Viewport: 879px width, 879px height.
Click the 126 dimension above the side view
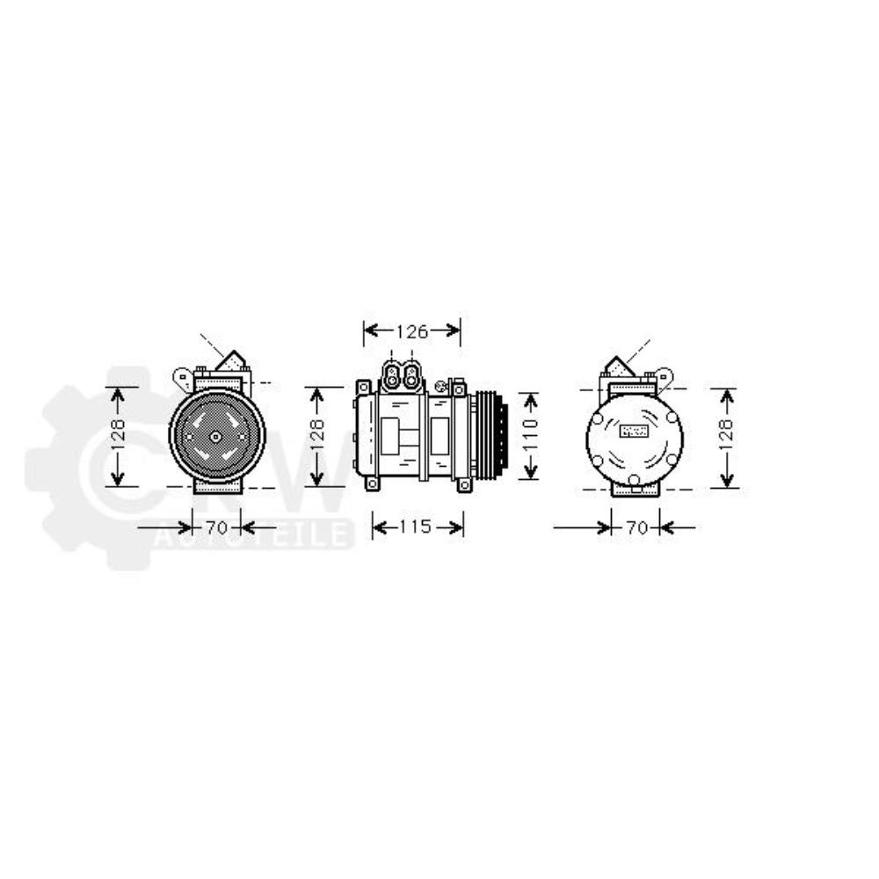(x=410, y=331)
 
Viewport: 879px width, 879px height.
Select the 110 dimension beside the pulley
(x=528, y=435)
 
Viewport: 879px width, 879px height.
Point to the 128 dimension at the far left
(x=119, y=436)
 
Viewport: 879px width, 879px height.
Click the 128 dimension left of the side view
(x=317, y=436)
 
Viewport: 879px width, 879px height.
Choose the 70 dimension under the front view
(x=216, y=527)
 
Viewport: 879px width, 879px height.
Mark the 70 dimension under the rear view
(x=636, y=527)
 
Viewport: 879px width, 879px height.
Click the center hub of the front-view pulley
(x=216, y=436)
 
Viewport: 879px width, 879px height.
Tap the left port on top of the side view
(x=392, y=375)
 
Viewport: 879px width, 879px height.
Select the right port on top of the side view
(x=410, y=375)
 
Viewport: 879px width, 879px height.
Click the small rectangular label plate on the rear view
(x=634, y=431)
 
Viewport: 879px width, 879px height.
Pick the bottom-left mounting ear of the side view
(x=372, y=483)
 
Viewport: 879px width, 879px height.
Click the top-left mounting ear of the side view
(x=362, y=387)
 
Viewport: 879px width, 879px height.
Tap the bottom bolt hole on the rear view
(x=634, y=479)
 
